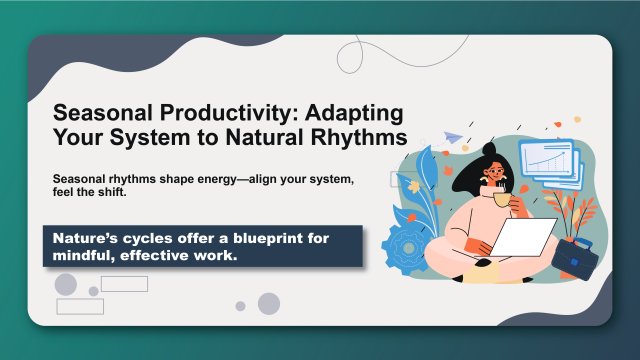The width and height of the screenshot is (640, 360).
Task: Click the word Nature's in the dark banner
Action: [x=85, y=237]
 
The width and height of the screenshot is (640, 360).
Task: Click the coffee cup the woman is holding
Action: [x=499, y=199]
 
